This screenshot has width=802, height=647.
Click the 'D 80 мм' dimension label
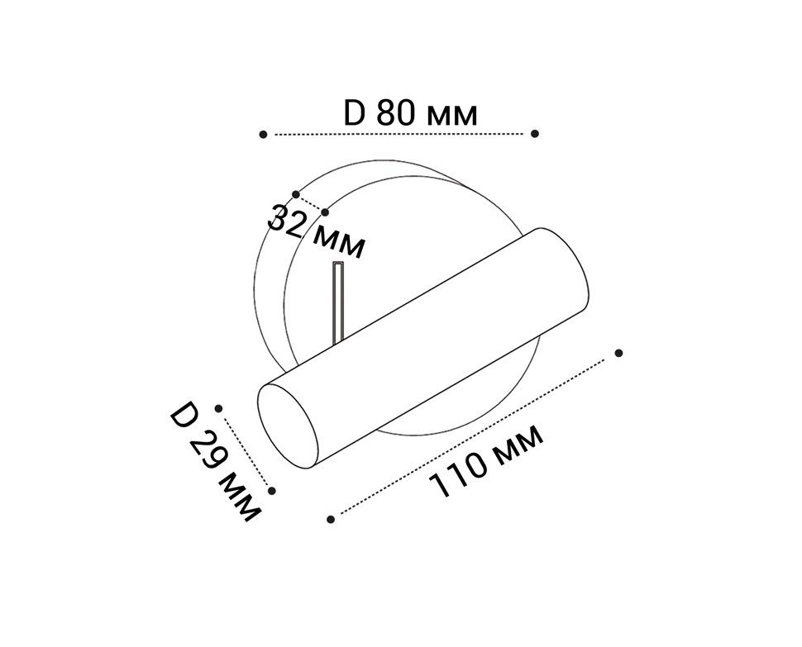coord(410,113)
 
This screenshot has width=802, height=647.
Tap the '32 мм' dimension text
coord(317,231)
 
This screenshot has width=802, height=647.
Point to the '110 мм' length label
coord(488,461)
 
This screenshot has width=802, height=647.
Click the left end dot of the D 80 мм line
coord(263,134)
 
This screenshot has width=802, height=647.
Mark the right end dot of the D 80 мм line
coord(535,133)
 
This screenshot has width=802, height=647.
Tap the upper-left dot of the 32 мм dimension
coord(296,195)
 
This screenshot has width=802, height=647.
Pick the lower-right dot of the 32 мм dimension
coord(325,212)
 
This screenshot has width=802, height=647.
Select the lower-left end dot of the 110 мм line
coord(331,519)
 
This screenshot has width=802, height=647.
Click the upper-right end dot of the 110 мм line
coord(618,353)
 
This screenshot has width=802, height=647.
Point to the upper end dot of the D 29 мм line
coord(219,408)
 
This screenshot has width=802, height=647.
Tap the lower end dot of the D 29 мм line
coord(272,490)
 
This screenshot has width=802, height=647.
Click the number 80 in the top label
coord(394,113)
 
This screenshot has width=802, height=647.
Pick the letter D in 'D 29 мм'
coord(184,416)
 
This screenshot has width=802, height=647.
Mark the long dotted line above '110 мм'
coord(475,436)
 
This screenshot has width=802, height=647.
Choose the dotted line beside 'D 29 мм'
coord(246,450)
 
